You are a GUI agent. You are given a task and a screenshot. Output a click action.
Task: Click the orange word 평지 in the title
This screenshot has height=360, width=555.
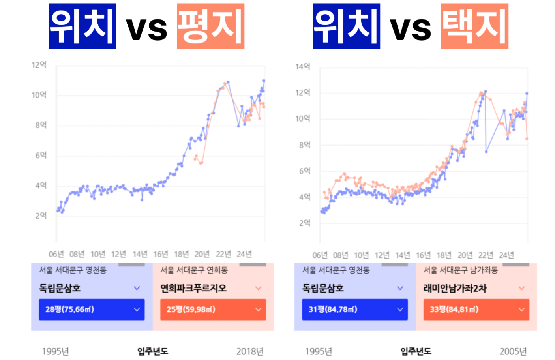(x=210, y=26)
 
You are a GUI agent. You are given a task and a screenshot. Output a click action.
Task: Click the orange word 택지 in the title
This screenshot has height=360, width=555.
(x=474, y=26)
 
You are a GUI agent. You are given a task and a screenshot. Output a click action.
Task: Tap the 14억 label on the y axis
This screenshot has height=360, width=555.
(x=303, y=67)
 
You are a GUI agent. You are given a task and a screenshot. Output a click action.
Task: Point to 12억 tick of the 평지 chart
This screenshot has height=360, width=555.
(x=39, y=65)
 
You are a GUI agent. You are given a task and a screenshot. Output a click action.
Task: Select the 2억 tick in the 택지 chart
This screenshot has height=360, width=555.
(x=304, y=223)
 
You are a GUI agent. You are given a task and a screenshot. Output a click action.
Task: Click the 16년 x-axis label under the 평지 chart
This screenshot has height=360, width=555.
(x=161, y=254)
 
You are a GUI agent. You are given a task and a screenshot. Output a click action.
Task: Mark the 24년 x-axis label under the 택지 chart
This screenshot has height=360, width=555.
(x=506, y=255)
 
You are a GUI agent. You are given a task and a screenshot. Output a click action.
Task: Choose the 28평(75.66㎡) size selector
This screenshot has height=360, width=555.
(x=92, y=309)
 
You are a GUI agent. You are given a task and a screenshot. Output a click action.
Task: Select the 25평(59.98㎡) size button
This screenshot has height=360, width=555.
(x=213, y=309)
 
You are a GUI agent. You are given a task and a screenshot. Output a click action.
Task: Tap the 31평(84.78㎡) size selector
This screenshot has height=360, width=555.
(x=354, y=309)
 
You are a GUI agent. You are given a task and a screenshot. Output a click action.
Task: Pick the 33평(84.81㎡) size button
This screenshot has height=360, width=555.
(x=476, y=309)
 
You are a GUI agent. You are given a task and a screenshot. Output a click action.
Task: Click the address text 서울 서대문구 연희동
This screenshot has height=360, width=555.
(x=194, y=270)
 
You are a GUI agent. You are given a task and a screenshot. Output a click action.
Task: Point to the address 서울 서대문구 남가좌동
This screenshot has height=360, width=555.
(x=460, y=270)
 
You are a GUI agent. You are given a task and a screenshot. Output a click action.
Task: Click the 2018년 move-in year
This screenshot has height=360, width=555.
(x=250, y=351)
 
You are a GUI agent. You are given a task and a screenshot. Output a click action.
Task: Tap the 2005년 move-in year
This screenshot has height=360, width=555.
(x=513, y=351)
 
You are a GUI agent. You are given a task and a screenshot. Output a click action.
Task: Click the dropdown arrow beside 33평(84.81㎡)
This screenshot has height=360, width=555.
(x=521, y=309)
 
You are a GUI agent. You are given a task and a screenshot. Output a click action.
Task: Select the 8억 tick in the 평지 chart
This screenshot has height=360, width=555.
(x=41, y=125)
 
